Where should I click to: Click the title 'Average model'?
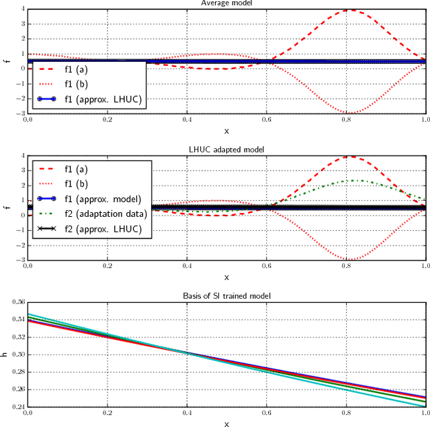(226, 3)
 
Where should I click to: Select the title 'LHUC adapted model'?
(226, 149)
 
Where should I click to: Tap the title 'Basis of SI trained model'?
(226, 295)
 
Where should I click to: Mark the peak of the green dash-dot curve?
(352, 180)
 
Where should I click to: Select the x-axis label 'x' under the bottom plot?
(226, 423)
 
